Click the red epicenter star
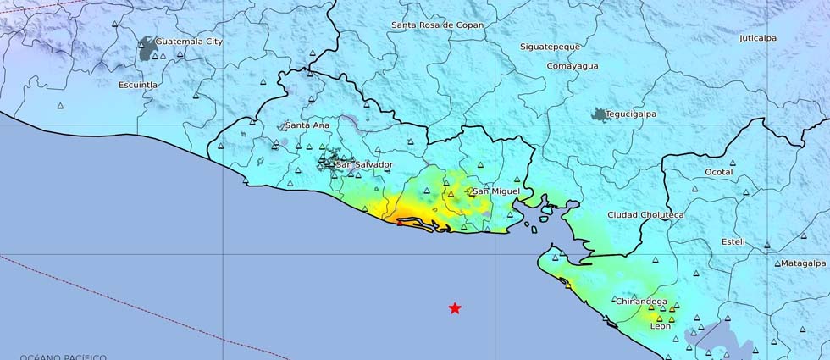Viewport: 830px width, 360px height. pyautogui.click(x=455, y=308)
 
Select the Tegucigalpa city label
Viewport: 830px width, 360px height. pyautogui.click(x=631, y=114)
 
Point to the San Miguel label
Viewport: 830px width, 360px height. pyautogui.click(x=495, y=191)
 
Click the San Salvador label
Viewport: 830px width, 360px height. pyautogui.click(x=364, y=163)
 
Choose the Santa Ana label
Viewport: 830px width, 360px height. pyautogui.click(x=307, y=125)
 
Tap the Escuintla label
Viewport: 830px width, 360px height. pyautogui.click(x=138, y=85)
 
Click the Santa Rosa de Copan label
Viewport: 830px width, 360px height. pyautogui.click(x=437, y=25)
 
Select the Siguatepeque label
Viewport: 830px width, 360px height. pyautogui.click(x=551, y=47)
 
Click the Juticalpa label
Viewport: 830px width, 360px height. pyautogui.click(x=757, y=38)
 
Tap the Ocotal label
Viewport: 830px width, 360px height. pyautogui.click(x=718, y=172)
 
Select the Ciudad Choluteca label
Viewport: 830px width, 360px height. pyautogui.click(x=645, y=215)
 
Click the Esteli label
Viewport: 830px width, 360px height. pyautogui.click(x=733, y=241)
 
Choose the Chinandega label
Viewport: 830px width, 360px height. pyautogui.click(x=642, y=301)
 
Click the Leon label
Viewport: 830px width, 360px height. pyautogui.click(x=660, y=325)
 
